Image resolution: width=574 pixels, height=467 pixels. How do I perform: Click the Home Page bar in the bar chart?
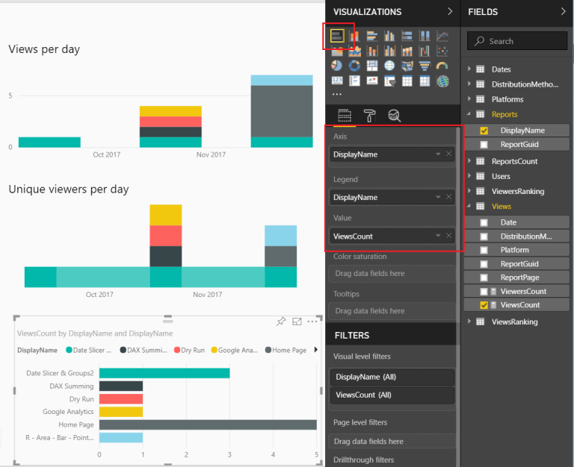(208, 424)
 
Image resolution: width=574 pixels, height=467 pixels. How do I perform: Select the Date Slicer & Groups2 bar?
(164, 373)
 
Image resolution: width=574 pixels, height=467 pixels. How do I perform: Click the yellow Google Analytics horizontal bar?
(121, 412)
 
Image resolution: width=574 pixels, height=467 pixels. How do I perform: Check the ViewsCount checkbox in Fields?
(484, 305)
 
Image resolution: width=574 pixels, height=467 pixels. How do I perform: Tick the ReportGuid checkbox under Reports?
(484, 145)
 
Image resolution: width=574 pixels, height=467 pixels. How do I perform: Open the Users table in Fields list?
(501, 176)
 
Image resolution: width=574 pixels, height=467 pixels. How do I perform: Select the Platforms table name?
(507, 99)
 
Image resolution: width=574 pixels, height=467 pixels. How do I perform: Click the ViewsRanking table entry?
(514, 322)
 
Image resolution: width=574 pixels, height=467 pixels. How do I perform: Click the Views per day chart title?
(44, 49)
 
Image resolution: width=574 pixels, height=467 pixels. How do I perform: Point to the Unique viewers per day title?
(69, 189)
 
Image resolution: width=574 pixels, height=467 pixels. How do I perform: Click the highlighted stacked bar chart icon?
(338, 36)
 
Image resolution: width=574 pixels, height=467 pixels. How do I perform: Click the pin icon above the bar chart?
(281, 322)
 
